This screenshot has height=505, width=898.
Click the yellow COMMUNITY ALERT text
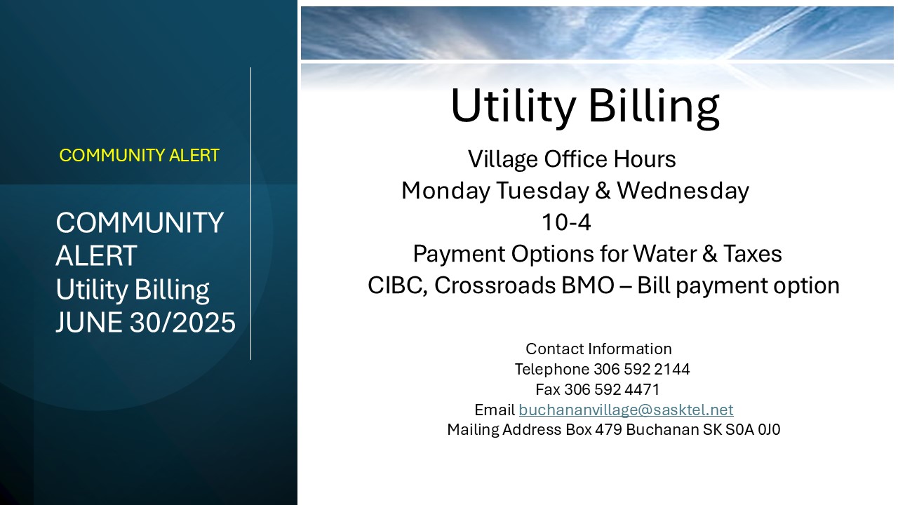coord(139,156)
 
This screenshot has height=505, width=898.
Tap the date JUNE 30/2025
coord(145,322)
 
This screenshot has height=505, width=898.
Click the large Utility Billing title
coord(585,107)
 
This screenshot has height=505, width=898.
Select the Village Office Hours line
coord(572,159)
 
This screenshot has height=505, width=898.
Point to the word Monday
coord(445,191)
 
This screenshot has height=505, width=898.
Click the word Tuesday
coord(543,191)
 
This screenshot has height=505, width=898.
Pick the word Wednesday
coord(683,190)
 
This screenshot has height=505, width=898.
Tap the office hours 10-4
coord(566,222)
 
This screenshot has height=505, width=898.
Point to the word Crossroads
coord(495,285)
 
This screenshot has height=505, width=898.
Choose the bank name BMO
coord(588,285)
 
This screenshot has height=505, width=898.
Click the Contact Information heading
coord(598,349)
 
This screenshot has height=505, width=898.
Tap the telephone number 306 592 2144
coord(641,369)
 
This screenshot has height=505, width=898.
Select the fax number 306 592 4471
coord(612,389)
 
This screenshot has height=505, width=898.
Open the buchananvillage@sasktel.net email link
coord(626,410)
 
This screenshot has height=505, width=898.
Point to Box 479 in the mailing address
coord(594,430)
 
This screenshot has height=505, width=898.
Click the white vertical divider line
coord(251,214)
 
